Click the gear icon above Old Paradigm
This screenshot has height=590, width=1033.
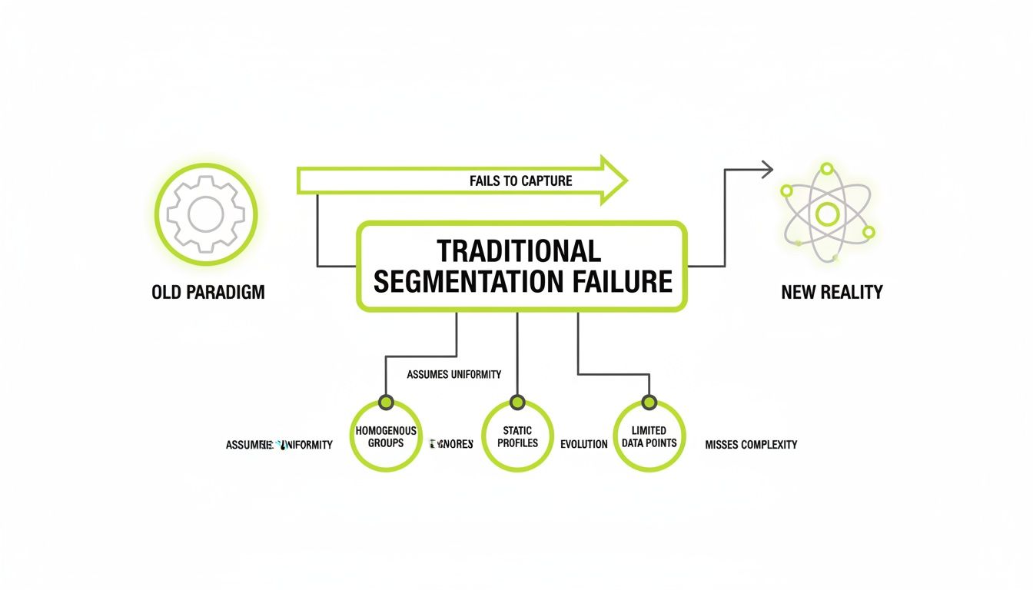coord(206,214)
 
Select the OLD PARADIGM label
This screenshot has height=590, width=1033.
coord(208,293)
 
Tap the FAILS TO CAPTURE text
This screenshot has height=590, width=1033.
coord(520,181)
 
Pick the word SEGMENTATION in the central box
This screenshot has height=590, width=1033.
coord(470,281)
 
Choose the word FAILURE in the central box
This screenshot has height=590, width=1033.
coord(623,281)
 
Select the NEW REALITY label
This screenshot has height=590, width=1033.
coord(832,293)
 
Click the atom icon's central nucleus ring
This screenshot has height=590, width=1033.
coord(827,214)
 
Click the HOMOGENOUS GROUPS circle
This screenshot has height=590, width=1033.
coord(386,436)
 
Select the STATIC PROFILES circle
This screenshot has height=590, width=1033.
coord(516,436)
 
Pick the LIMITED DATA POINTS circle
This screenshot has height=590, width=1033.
coord(649,436)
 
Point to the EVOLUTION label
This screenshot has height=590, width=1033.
coord(584,444)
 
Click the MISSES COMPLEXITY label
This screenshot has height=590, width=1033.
coord(751,444)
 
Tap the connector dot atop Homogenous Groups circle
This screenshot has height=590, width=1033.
coord(386,403)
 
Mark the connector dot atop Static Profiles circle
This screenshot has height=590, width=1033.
coord(516,403)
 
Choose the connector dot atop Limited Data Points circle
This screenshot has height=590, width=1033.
coord(649,403)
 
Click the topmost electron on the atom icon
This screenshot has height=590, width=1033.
coord(827,169)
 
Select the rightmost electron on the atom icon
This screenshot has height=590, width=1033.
coord(869,232)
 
